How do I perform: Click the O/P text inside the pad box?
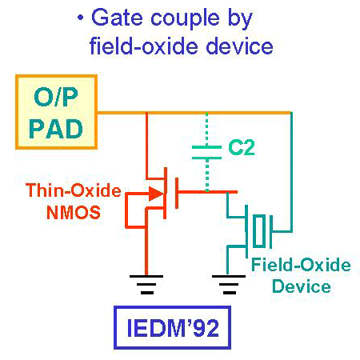[56, 97]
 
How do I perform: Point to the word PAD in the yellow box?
[56, 129]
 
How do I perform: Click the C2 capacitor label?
[242, 147]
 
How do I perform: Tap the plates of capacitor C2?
[206, 153]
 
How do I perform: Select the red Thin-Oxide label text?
[74, 190]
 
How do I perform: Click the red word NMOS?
[74, 213]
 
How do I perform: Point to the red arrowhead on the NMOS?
[156, 194]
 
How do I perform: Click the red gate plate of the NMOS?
[177, 193]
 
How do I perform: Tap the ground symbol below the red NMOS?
[146, 285]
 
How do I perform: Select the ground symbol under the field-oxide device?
[229, 285]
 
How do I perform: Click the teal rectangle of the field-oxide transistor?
[259, 230]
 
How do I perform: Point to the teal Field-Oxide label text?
[301, 265]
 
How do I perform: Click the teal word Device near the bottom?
[302, 286]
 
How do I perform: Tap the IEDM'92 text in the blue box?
[173, 328]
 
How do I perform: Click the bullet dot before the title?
[80, 18]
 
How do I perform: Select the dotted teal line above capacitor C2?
[207, 130]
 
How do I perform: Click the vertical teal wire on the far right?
[291, 172]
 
